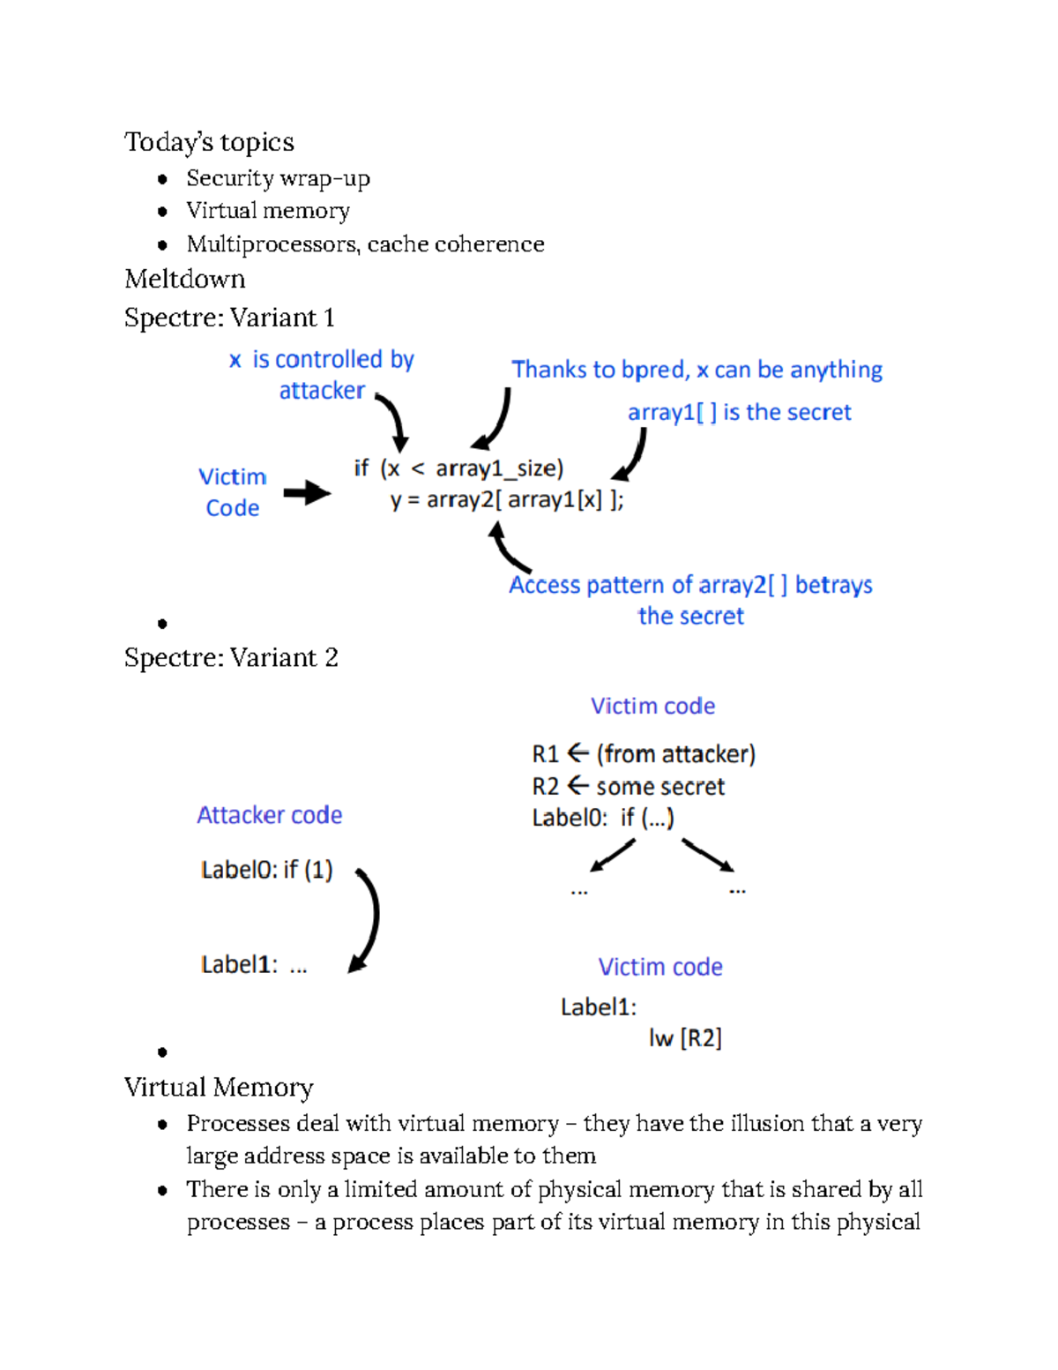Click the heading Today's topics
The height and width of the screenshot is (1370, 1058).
point(209,142)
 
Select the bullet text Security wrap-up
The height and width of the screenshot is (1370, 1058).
point(278,178)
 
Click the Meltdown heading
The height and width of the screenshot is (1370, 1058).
point(185,280)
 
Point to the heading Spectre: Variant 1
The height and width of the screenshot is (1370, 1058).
point(229,318)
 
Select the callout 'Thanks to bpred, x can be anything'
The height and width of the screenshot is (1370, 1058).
point(697,370)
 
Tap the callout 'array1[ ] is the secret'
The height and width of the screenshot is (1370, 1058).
point(739,412)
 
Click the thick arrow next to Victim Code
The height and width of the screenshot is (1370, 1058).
point(306,492)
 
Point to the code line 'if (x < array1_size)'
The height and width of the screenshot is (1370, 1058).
point(458,468)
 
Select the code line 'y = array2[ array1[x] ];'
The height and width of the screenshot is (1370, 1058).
point(507,500)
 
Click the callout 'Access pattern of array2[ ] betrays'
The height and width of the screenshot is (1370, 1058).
point(690,585)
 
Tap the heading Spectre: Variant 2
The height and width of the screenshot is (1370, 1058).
point(231,658)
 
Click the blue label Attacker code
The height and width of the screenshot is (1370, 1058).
point(269,815)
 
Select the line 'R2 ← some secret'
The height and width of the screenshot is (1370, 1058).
point(628,786)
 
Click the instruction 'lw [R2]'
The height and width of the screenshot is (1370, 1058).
point(685,1038)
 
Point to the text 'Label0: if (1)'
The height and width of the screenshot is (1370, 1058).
point(266,870)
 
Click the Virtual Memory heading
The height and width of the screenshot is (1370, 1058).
point(219,1088)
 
